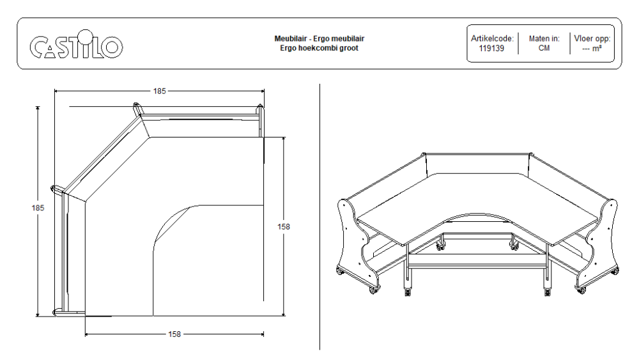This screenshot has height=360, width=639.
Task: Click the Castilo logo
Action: (76, 45)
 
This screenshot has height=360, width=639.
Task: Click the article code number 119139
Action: (491, 48)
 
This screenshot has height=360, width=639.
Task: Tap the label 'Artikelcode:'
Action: (491, 38)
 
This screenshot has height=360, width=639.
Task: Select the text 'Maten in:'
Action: (544, 38)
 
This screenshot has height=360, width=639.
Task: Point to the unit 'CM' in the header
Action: (544, 48)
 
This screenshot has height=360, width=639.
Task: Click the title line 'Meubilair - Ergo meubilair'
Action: (319, 39)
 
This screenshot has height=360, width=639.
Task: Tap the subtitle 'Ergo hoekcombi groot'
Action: (319, 48)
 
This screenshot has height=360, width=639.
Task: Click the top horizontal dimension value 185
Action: (159, 91)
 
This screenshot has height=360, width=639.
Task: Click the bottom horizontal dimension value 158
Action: (174, 334)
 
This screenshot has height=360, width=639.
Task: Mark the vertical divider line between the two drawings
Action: (319, 217)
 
